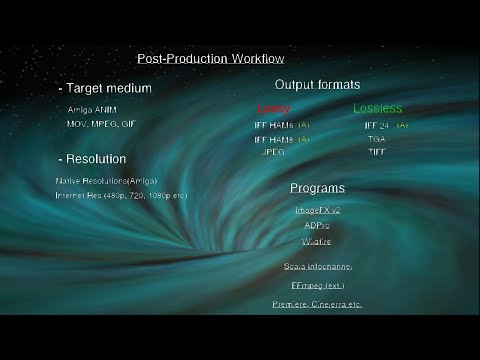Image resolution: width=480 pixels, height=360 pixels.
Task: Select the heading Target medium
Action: (108, 89)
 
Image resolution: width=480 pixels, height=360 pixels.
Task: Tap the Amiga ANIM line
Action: (93, 109)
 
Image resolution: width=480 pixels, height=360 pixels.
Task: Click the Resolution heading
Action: (95, 159)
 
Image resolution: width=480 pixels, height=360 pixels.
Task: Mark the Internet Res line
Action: (121, 195)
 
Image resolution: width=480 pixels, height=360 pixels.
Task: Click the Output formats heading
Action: (317, 85)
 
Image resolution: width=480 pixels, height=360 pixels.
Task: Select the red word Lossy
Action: (273, 108)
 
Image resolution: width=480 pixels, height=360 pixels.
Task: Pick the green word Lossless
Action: (377, 108)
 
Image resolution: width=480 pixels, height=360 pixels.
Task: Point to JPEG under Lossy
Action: (274, 152)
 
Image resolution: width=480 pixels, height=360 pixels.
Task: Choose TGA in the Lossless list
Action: (376, 139)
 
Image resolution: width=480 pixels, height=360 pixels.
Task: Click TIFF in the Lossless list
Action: (376, 152)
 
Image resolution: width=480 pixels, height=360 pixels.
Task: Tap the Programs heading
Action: (317, 188)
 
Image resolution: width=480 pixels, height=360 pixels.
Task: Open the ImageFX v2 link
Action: (317, 211)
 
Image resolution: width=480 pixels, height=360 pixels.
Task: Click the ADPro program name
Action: (317, 225)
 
